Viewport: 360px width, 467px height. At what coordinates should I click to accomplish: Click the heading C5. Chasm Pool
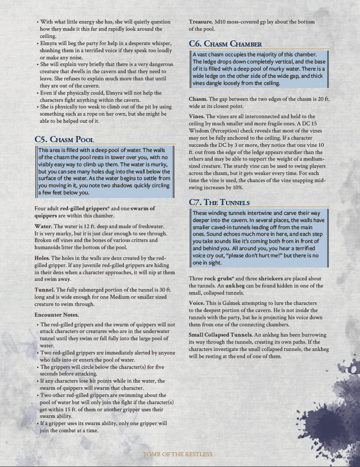[64, 139]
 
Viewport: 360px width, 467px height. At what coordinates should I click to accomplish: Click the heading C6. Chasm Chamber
[226, 44]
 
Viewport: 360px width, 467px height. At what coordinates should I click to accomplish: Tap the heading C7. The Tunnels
[219, 202]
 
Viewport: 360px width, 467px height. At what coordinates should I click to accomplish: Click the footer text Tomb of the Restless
[177, 454]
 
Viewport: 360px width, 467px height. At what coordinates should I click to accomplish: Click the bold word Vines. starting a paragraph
[197, 117]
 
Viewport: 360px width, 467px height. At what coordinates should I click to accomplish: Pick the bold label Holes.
[43, 258]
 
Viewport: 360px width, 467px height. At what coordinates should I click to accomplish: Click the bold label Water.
[44, 226]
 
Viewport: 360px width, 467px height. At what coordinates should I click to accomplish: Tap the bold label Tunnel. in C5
[46, 290]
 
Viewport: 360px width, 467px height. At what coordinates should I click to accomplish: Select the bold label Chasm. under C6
[198, 99]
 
